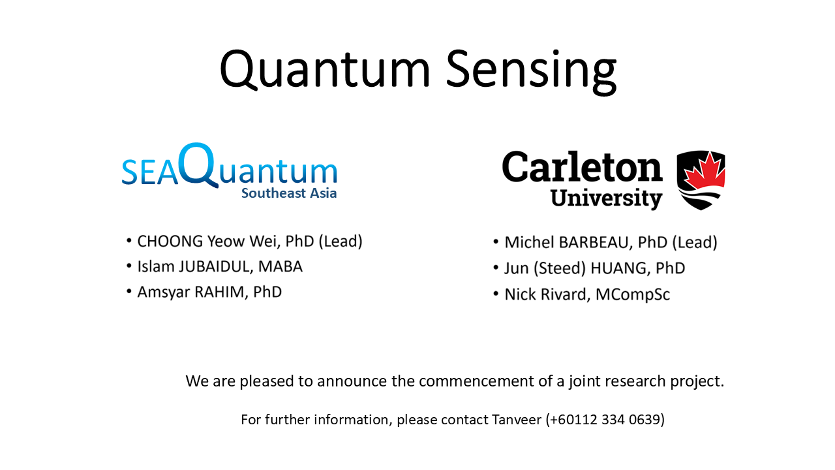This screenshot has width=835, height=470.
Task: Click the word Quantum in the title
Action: pyautogui.click(x=325, y=70)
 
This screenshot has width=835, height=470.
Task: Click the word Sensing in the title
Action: pyautogui.click(x=531, y=72)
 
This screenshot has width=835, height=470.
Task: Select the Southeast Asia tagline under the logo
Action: pyautogui.click(x=289, y=193)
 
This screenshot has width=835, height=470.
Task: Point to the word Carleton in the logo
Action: pyautogui.click(x=583, y=166)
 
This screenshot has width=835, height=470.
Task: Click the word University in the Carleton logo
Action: pyautogui.click(x=606, y=198)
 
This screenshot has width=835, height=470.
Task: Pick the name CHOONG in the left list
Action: pyautogui.click(x=170, y=242)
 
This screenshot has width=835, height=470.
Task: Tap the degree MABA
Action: pyautogui.click(x=281, y=267)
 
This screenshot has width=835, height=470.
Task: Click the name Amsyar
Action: pyautogui.click(x=164, y=292)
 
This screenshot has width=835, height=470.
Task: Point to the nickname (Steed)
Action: pyautogui.click(x=560, y=268)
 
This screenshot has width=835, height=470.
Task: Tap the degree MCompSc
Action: pyautogui.click(x=633, y=294)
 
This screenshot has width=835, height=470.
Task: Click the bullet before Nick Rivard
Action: pyautogui.click(x=496, y=294)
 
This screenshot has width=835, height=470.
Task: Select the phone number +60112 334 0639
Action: pyautogui.click(x=605, y=420)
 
